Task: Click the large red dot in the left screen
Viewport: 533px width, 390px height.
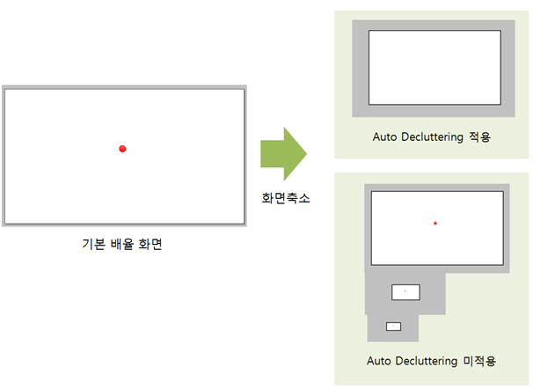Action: [x=122, y=149]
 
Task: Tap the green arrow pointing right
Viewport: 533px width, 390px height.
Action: [x=283, y=154]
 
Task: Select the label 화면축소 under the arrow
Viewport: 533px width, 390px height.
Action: [x=286, y=198]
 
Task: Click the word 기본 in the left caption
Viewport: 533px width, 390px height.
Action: [x=93, y=244]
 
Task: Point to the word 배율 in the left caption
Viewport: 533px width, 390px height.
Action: [x=122, y=244]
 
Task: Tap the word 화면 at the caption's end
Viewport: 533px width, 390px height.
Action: [x=150, y=244]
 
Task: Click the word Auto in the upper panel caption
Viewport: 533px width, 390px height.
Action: [x=384, y=136]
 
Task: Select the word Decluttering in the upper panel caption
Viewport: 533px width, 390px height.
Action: [x=432, y=136]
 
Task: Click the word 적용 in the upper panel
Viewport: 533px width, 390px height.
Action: [x=479, y=136]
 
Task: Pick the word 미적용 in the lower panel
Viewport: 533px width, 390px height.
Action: [x=479, y=361]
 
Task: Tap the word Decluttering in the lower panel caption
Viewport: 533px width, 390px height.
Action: [x=427, y=361]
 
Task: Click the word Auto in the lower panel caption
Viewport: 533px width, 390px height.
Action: [x=379, y=361]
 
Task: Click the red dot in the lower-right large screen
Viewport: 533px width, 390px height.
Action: [x=435, y=224]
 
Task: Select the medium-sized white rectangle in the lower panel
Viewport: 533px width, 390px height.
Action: [x=405, y=292]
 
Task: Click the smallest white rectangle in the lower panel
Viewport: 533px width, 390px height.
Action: [x=394, y=327]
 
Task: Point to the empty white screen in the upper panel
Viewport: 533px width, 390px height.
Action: [x=434, y=68]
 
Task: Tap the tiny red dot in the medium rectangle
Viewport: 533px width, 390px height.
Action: [x=405, y=291]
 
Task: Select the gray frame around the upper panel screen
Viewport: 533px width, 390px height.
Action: [x=361, y=68]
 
